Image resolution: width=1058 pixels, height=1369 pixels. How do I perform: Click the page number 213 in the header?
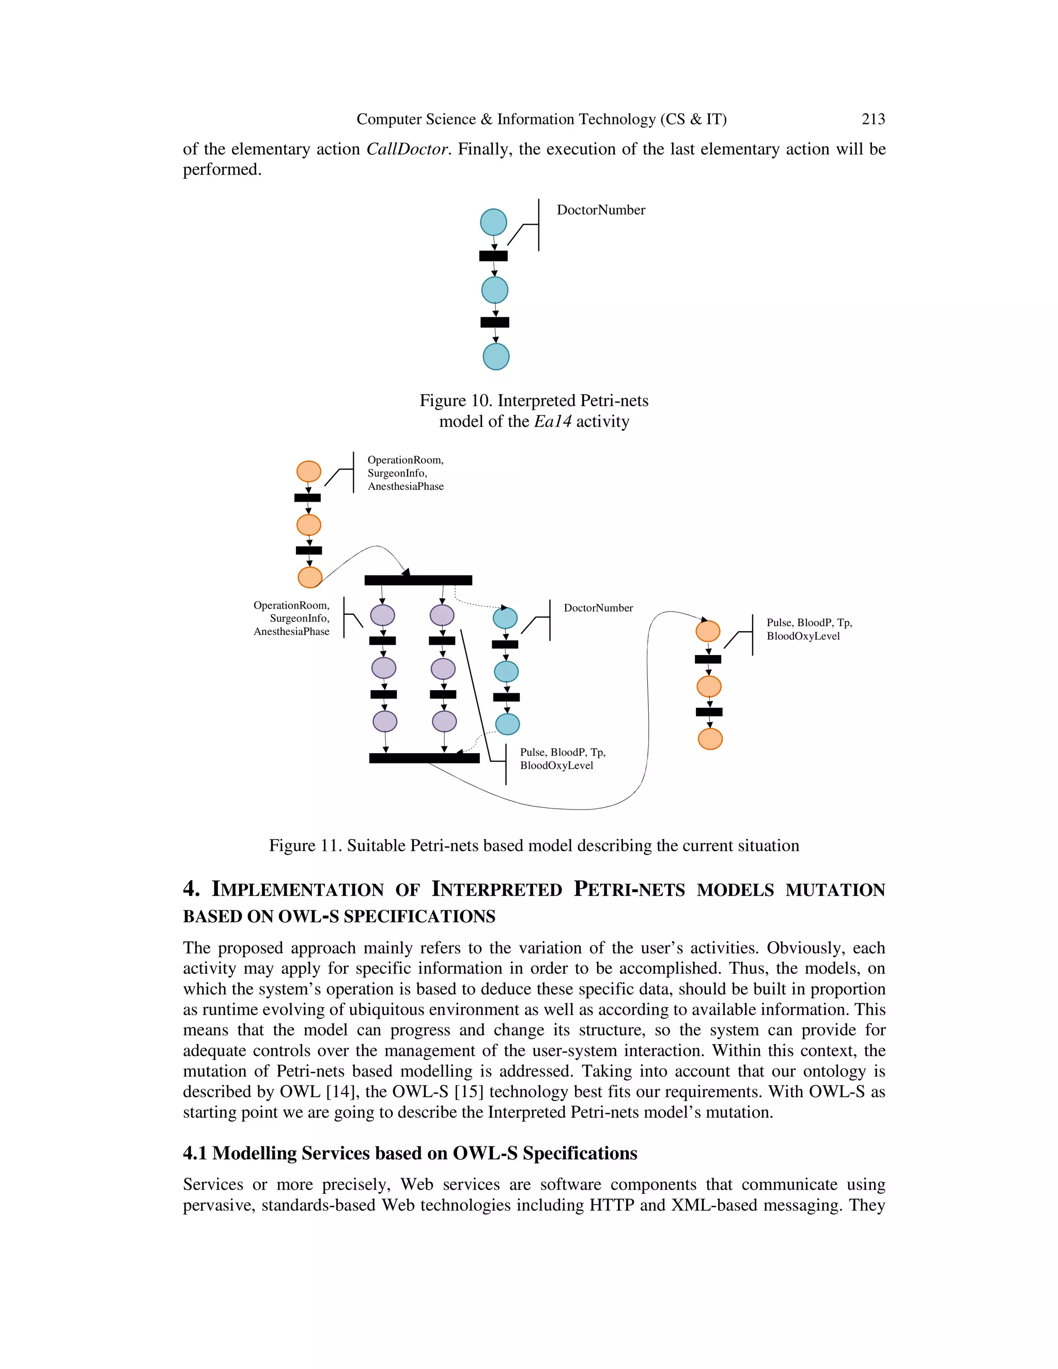click(x=873, y=119)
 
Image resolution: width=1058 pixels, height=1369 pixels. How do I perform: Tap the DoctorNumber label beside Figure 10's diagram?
click(x=600, y=210)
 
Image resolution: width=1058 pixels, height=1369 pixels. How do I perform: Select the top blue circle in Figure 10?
click(x=493, y=222)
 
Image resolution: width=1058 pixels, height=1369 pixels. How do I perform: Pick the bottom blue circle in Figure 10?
click(x=496, y=356)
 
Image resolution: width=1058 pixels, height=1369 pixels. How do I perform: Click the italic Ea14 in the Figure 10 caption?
click(x=552, y=421)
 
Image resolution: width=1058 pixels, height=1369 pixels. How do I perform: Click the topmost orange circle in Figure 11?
click(x=308, y=471)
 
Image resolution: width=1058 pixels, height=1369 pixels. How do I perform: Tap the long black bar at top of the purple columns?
click(x=418, y=580)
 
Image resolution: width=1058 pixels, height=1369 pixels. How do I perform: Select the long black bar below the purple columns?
click(x=424, y=758)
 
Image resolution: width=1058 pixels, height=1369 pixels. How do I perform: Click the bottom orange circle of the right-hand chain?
click(x=710, y=739)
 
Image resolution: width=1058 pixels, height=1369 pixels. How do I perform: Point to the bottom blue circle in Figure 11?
click(x=508, y=724)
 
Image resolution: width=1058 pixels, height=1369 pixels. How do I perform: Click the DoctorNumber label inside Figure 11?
click(x=598, y=608)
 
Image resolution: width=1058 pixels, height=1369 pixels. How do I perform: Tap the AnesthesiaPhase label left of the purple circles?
click(x=291, y=631)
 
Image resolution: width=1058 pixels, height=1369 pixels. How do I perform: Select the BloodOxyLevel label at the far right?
click(x=803, y=636)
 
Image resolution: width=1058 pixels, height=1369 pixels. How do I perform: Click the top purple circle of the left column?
click(x=382, y=615)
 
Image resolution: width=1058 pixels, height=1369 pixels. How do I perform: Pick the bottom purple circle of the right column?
click(x=444, y=722)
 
